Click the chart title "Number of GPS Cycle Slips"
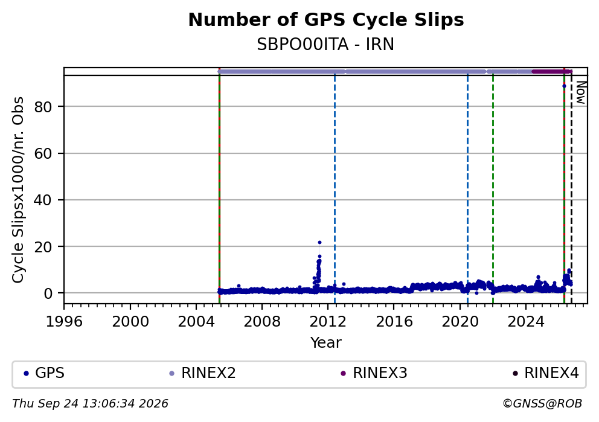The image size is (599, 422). [326, 20]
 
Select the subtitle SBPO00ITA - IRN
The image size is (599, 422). [325, 45]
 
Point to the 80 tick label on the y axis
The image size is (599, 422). [43, 107]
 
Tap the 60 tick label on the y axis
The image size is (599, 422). [43, 153]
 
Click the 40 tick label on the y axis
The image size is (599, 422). [43, 200]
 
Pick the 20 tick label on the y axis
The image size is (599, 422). [43, 247]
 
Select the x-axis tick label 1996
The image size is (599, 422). [64, 322]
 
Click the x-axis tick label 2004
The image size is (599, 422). [196, 322]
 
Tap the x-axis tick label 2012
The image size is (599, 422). [328, 322]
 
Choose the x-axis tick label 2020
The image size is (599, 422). [460, 322]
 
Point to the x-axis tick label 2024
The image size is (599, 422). [526, 322]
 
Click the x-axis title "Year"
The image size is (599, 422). [326, 342]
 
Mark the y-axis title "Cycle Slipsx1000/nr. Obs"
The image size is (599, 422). [18, 190]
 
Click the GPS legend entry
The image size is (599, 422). [44, 373]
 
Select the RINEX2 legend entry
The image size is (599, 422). [203, 373]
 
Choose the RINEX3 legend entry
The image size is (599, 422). [374, 373]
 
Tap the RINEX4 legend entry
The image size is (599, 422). [546, 373]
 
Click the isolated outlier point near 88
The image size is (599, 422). [564, 86]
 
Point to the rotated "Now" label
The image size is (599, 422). [581, 93]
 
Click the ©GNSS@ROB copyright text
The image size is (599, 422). [542, 404]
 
